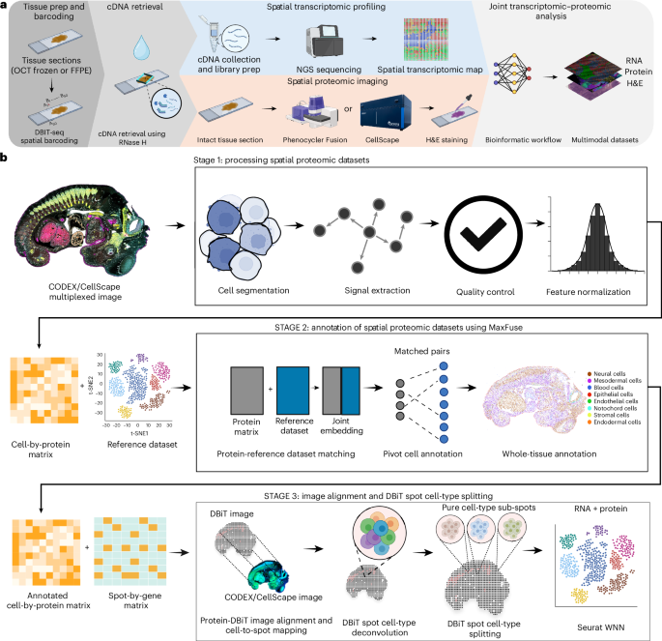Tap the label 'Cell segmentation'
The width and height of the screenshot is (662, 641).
pyautogui.click(x=245, y=290)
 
